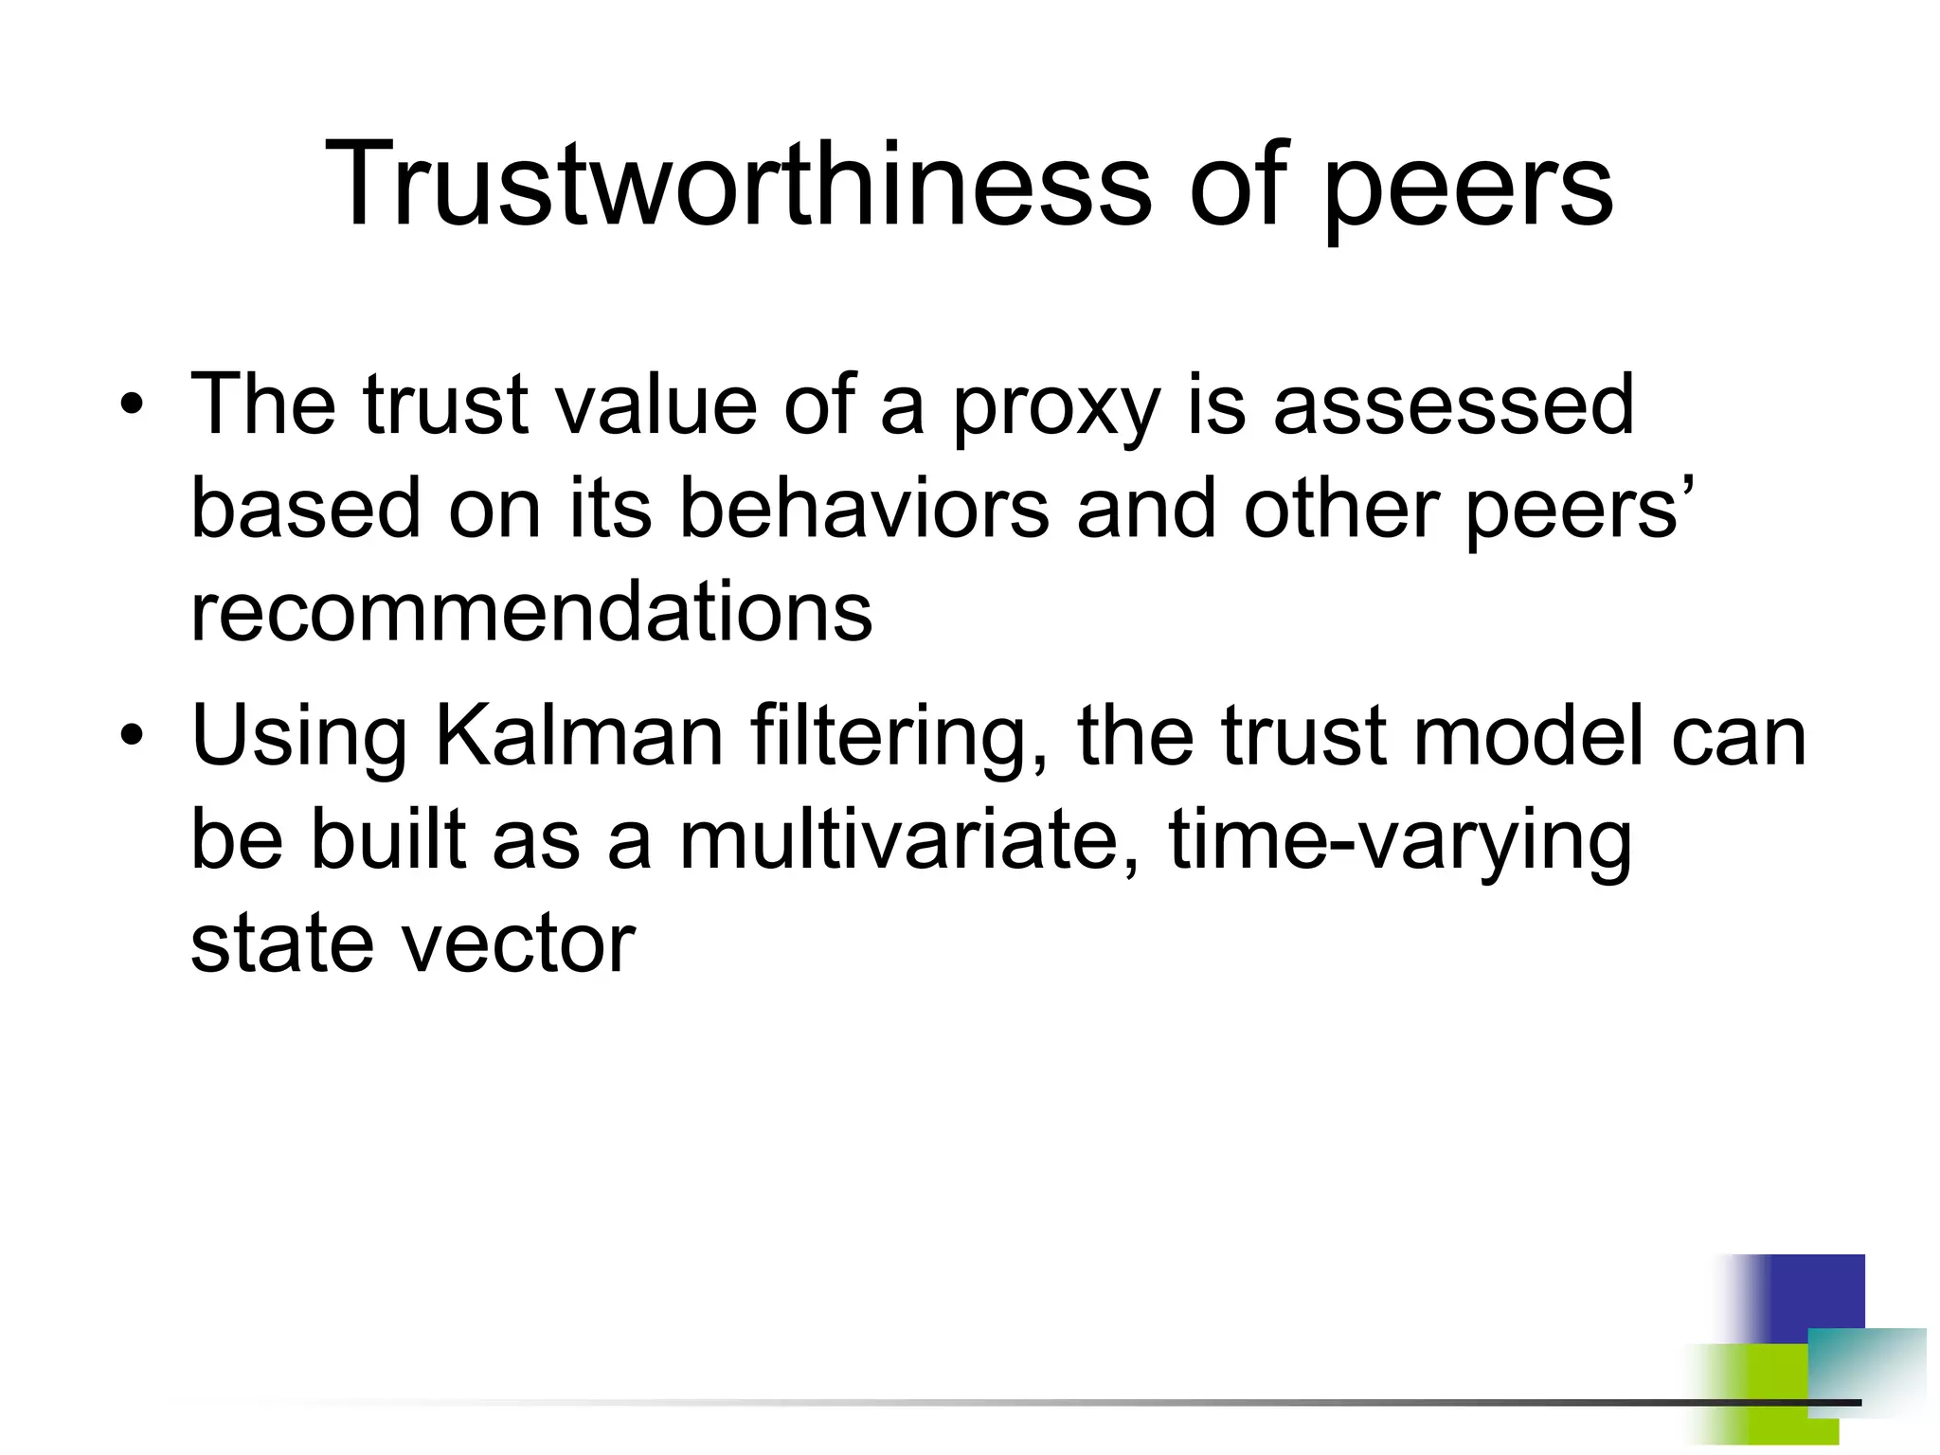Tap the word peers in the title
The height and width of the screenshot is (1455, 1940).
(x=1467, y=189)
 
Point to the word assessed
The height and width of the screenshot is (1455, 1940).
(x=1453, y=405)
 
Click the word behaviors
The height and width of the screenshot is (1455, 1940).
(x=864, y=509)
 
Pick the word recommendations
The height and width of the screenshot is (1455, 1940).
(x=531, y=613)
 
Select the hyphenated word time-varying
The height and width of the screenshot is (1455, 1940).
(x=1400, y=843)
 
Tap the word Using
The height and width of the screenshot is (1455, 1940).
(x=299, y=739)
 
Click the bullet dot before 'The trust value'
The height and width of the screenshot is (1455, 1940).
(x=132, y=407)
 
